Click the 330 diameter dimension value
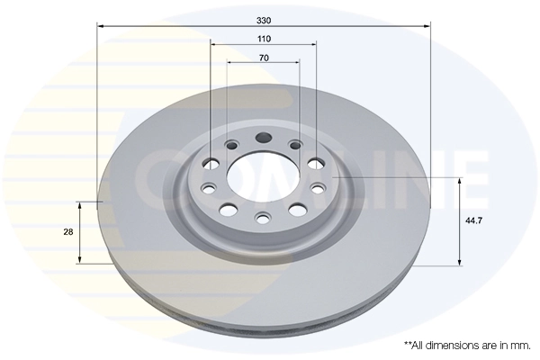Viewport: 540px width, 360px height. point(264,18)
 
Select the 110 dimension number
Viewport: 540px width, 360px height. point(264,40)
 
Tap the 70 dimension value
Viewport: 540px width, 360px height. point(264,58)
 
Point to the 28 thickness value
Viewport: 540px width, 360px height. point(68,232)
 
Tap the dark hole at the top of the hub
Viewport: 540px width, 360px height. point(264,139)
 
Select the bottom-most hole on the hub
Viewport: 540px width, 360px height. point(263,218)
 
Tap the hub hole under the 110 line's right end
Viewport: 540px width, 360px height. point(316,164)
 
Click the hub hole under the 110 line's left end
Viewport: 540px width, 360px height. point(211,163)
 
